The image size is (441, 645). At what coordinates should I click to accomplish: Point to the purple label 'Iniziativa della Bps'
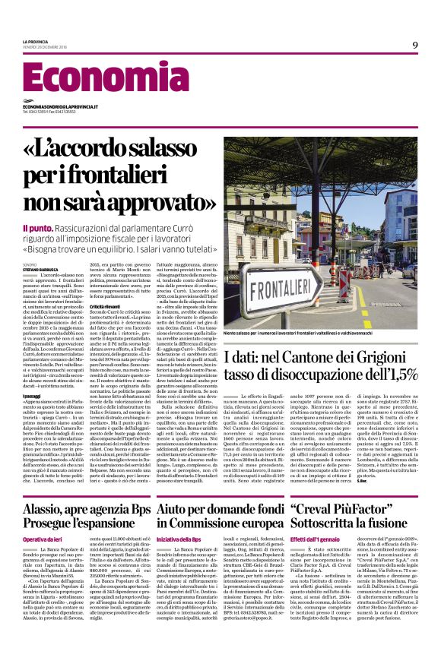176,539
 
